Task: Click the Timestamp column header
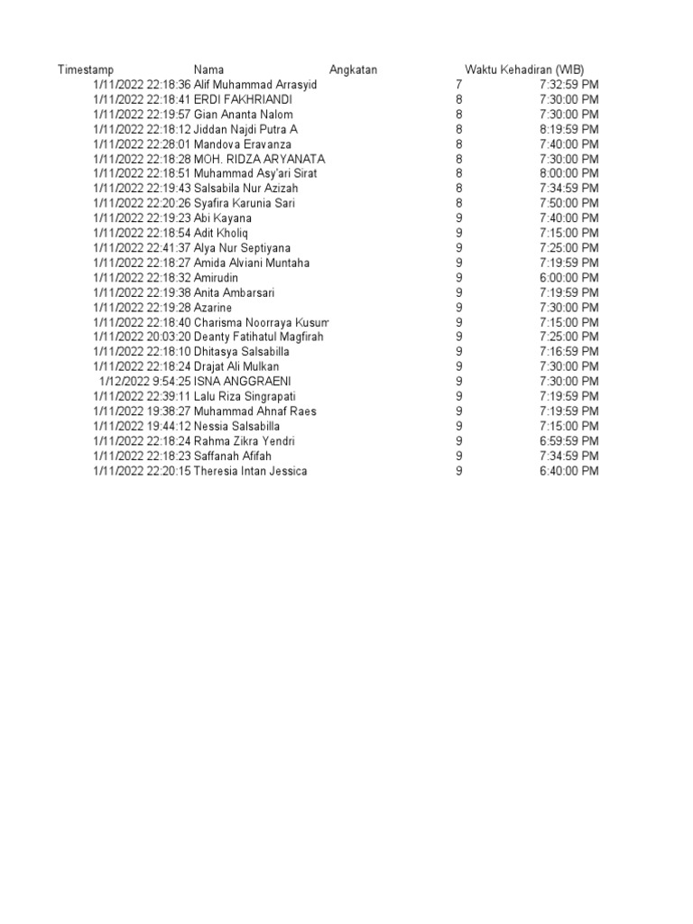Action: tap(86, 70)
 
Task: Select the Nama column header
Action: tap(209, 70)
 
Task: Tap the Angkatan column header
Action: tap(354, 70)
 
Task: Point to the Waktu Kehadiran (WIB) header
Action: tap(524, 70)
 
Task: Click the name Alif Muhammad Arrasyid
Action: tap(256, 85)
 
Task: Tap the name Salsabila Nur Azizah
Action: tap(246, 189)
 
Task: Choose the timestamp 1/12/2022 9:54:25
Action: tap(145, 382)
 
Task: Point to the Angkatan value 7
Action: tap(459, 85)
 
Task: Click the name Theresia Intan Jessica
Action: tap(251, 471)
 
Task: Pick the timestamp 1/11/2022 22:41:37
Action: tap(142, 248)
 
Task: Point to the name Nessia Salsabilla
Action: tap(237, 426)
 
